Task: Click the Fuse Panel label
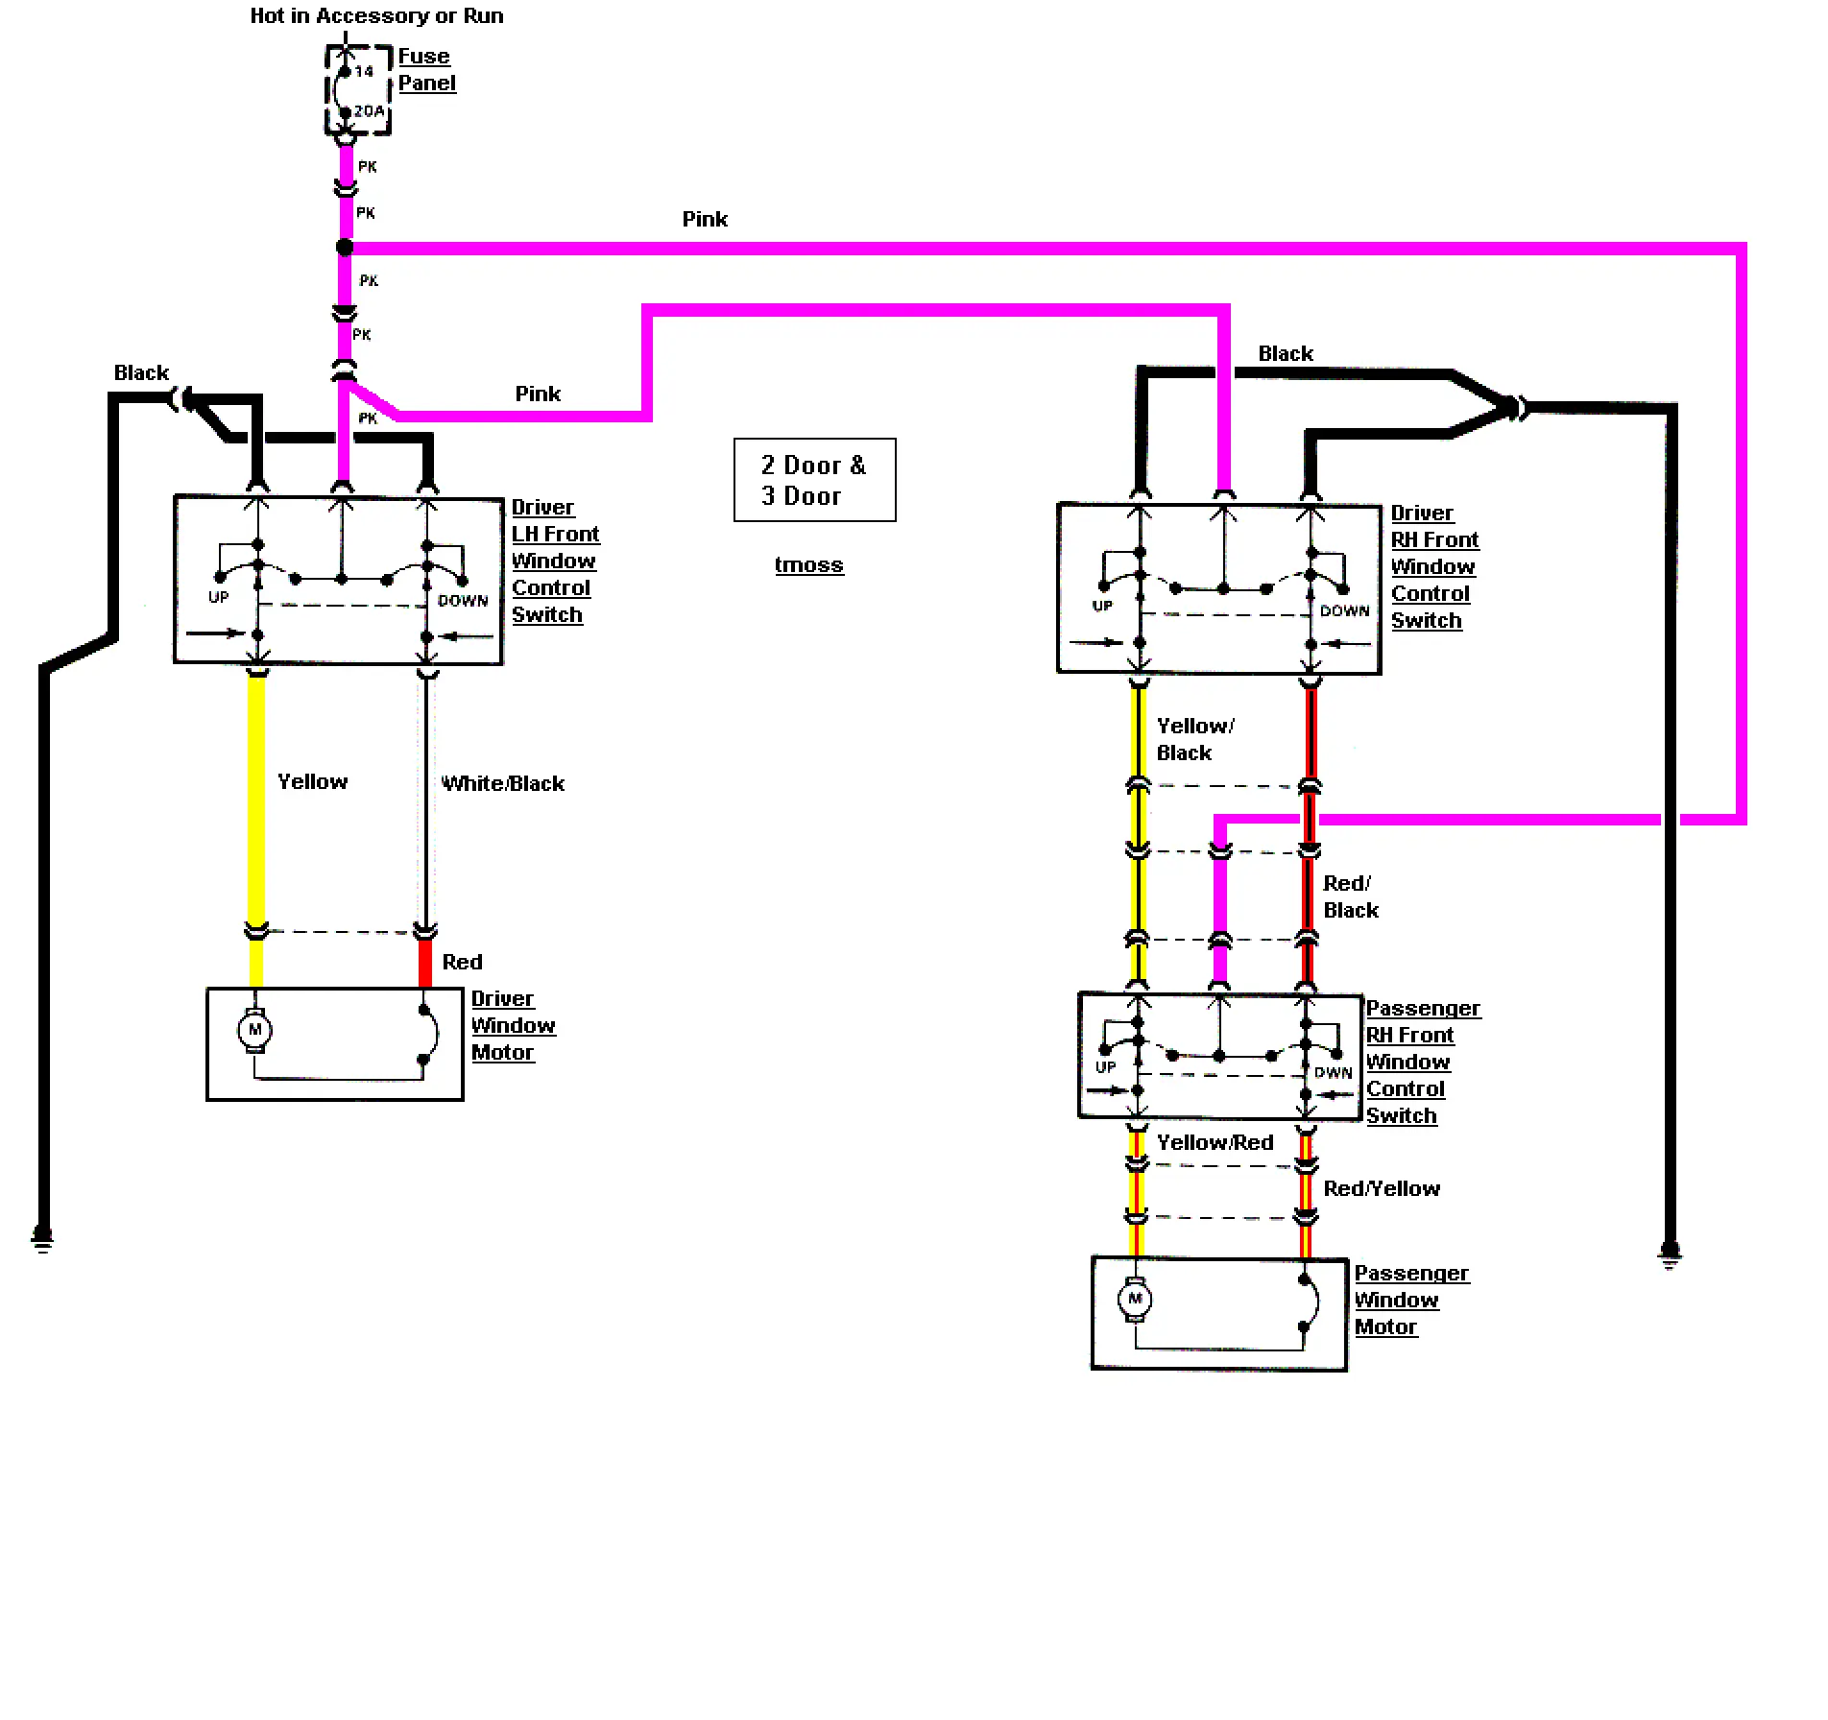pyautogui.click(x=426, y=70)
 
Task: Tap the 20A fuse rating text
pyautogui.click(x=369, y=111)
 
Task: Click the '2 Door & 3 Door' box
pyautogui.click(x=815, y=480)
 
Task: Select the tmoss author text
pyautogui.click(x=809, y=564)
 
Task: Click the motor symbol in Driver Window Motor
pyautogui.click(x=255, y=1030)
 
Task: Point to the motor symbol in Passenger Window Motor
pyautogui.click(x=1135, y=1300)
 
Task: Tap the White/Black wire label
pyautogui.click(x=503, y=783)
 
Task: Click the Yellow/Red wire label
pyautogui.click(x=1215, y=1142)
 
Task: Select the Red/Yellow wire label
pyautogui.click(x=1382, y=1188)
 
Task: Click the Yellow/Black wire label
pyautogui.click(x=1195, y=739)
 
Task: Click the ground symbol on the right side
pyautogui.click(x=1671, y=1255)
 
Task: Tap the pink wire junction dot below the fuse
pyautogui.click(x=345, y=248)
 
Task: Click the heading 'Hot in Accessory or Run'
pyautogui.click(x=376, y=15)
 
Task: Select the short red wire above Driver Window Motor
pyautogui.click(x=425, y=963)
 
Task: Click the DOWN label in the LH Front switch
pyautogui.click(x=463, y=601)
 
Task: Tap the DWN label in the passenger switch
pyautogui.click(x=1333, y=1073)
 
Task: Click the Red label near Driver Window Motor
pyautogui.click(x=462, y=962)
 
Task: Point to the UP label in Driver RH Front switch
pyautogui.click(x=1102, y=606)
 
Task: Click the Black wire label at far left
pyautogui.click(x=141, y=372)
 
